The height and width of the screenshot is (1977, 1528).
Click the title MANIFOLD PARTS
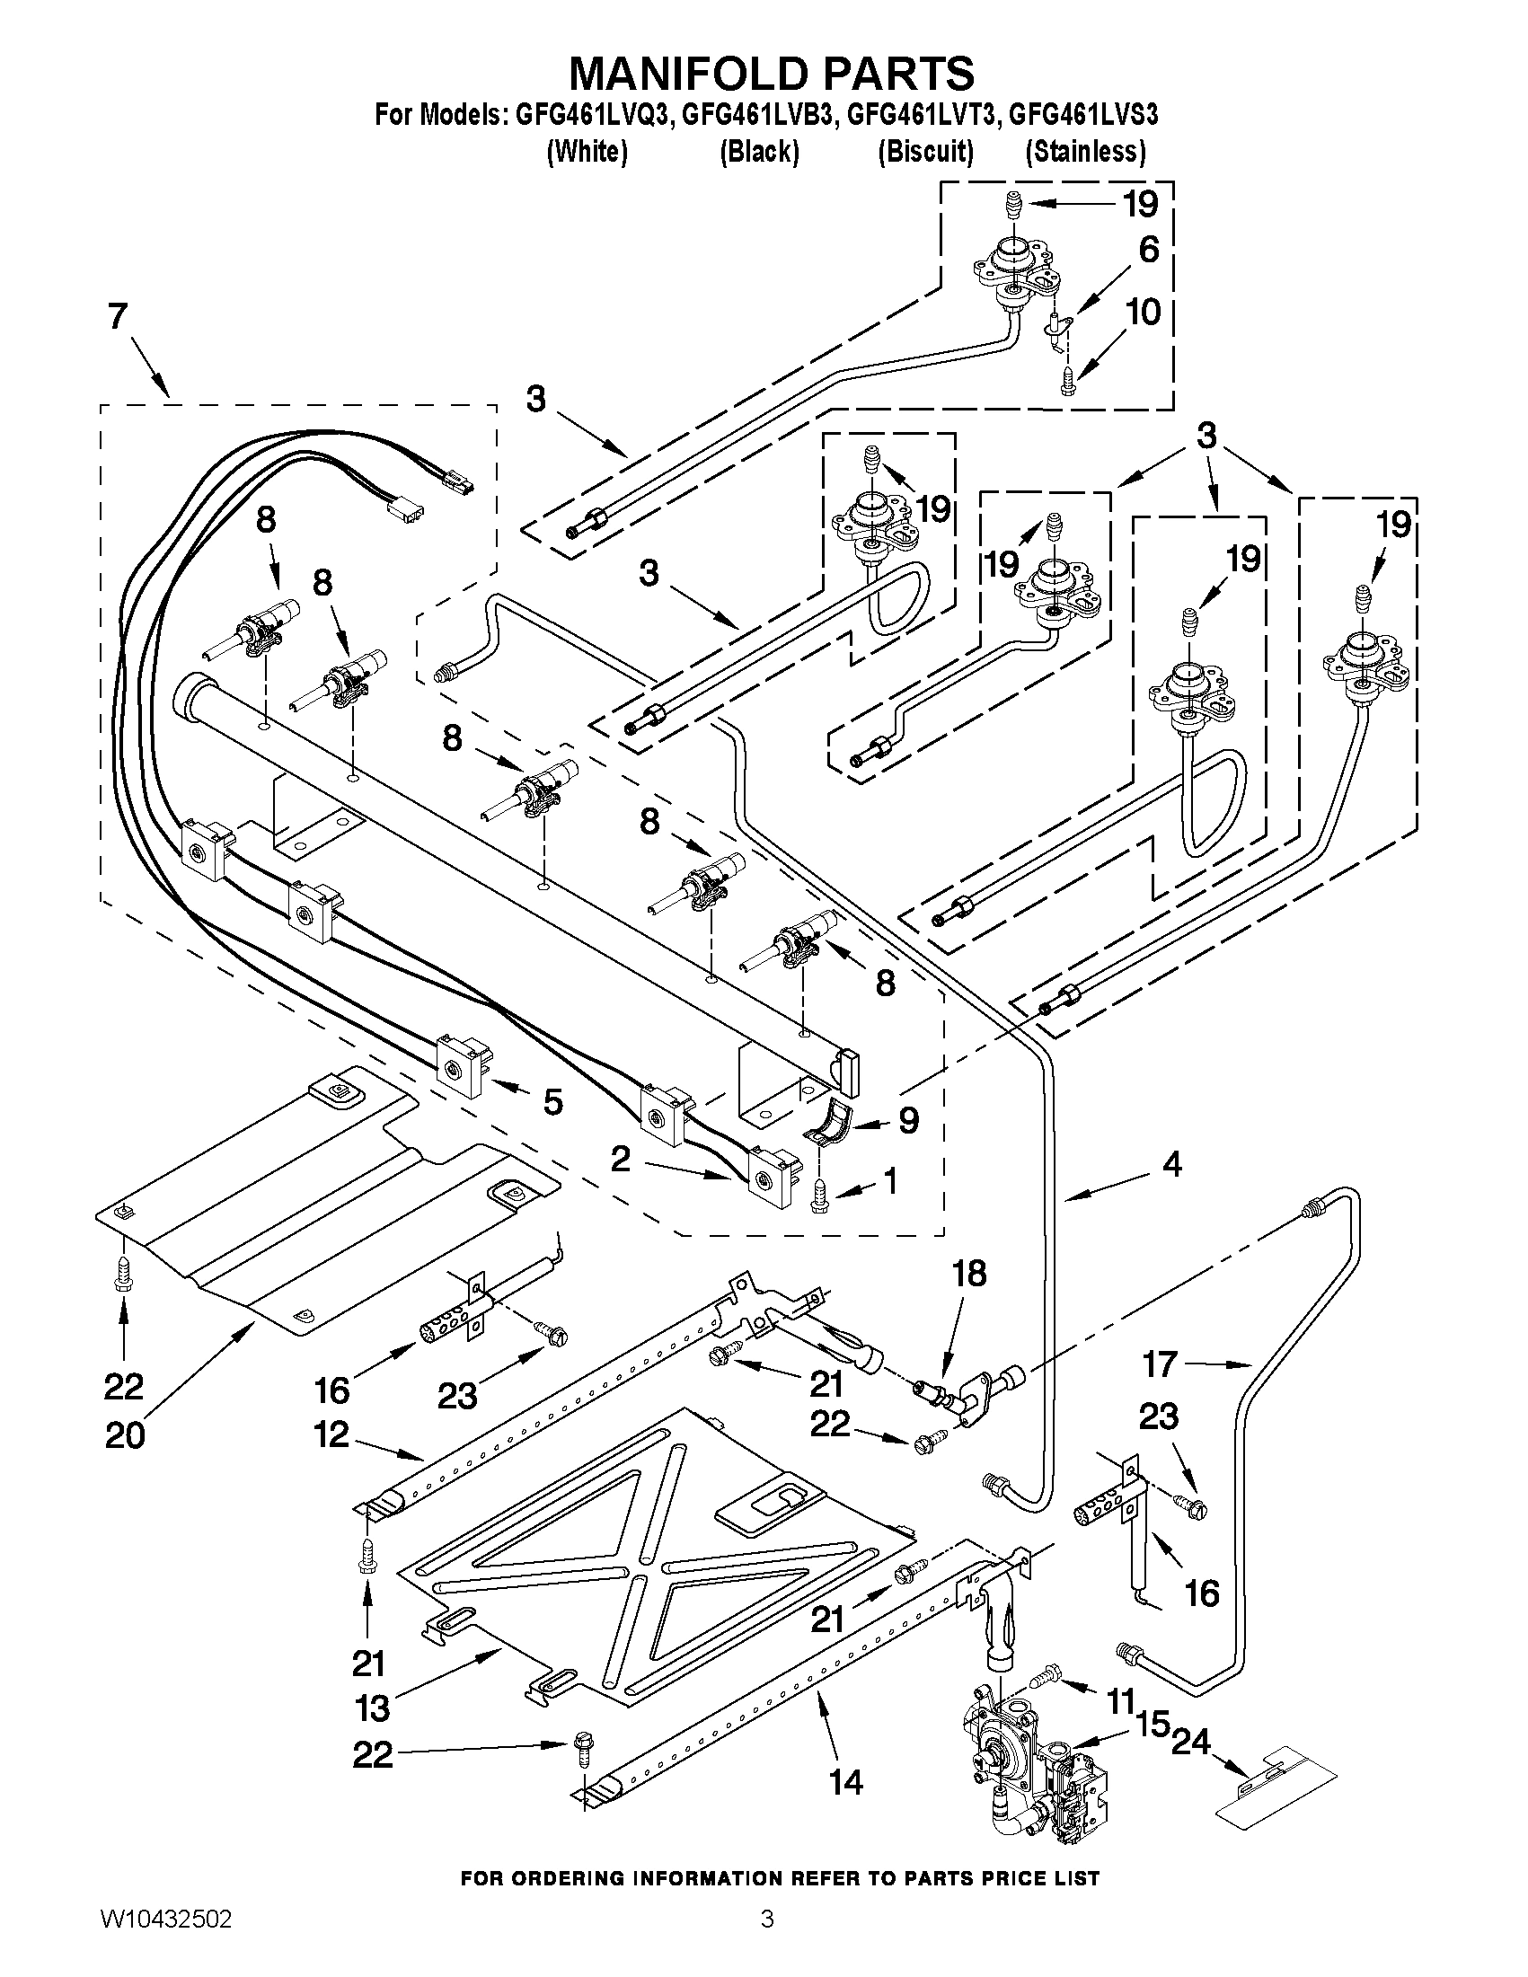[771, 73]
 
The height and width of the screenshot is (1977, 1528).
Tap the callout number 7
[118, 318]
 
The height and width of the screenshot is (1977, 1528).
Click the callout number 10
[1144, 313]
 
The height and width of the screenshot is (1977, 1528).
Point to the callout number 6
[1148, 250]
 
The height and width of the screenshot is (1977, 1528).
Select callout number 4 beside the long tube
[1171, 1165]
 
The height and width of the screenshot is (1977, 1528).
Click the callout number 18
[968, 1275]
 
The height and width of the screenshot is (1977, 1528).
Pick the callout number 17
[1160, 1364]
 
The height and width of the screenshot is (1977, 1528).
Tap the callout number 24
[1190, 1742]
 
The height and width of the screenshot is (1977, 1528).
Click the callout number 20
[124, 1435]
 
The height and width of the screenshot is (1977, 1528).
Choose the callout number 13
[372, 1708]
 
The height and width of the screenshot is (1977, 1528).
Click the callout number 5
[552, 1101]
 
